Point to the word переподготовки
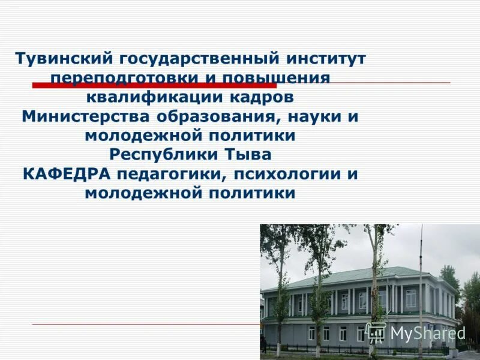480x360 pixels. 125,79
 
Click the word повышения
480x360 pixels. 277,79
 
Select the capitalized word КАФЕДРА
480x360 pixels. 67,173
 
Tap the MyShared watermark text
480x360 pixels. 428,332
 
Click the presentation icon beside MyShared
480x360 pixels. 376,332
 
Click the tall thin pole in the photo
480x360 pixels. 421,288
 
